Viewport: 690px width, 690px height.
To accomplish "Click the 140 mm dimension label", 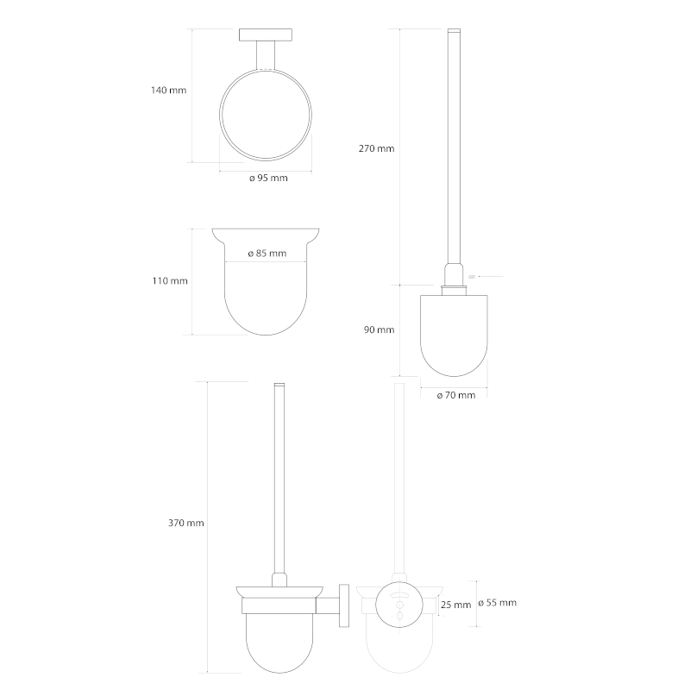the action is [x=168, y=91].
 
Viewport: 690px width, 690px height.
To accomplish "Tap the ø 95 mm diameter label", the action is [x=268, y=178].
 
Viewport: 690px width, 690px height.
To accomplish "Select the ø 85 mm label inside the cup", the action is [x=267, y=253].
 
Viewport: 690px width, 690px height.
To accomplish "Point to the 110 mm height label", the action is [x=170, y=281].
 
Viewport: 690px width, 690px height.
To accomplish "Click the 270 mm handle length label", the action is [x=376, y=148].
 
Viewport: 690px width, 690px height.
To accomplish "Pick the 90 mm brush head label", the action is [x=379, y=329].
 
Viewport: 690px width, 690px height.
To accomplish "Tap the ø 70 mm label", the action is [x=456, y=395].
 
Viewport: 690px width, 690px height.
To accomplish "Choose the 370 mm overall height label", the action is [x=185, y=523].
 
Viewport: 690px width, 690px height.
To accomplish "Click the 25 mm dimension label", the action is [x=456, y=605].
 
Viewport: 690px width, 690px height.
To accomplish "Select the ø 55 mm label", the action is [x=498, y=602].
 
